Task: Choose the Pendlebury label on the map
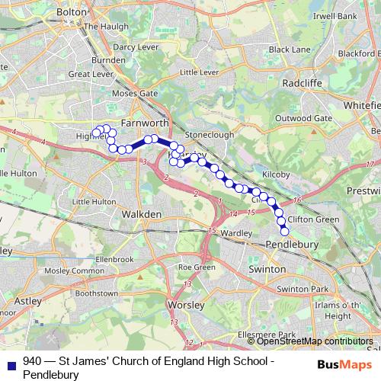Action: pos(291,244)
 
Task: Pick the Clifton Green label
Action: pos(313,219)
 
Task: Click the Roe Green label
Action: pos(196,267)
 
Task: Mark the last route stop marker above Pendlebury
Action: pos(285,231)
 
